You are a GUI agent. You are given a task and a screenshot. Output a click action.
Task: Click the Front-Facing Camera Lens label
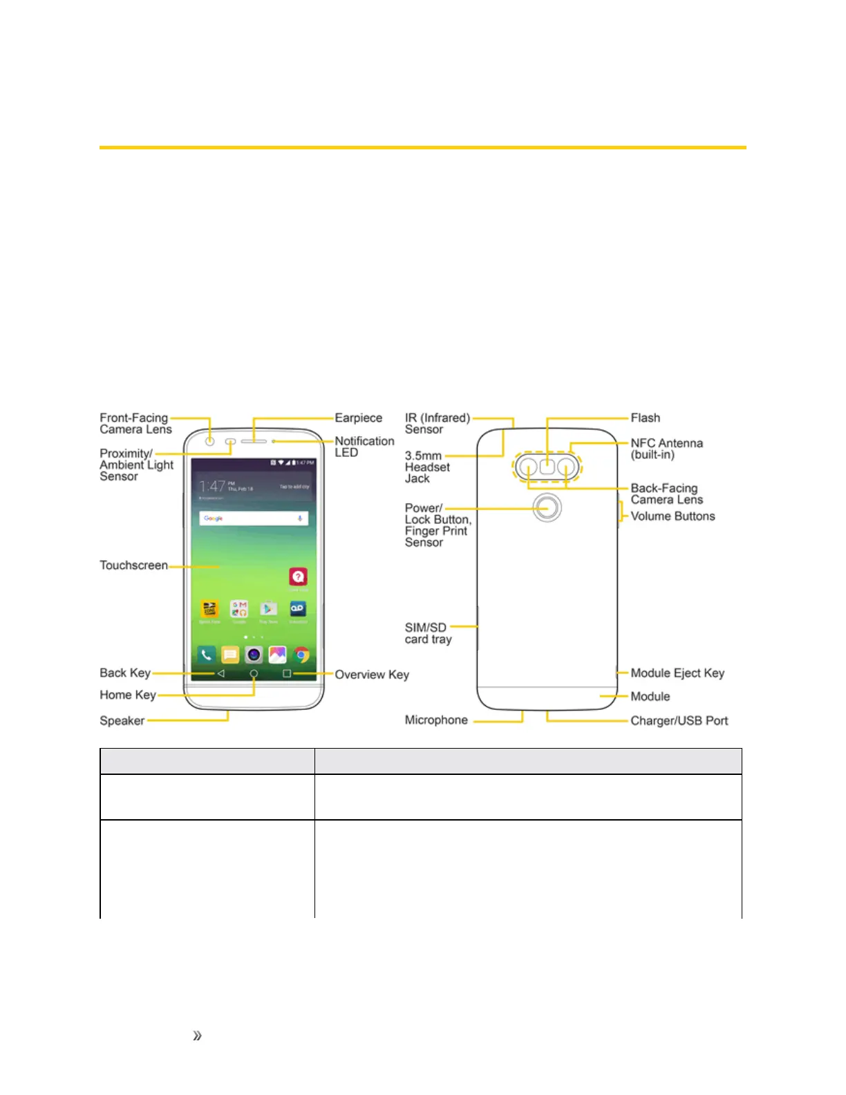(x=135, y=424)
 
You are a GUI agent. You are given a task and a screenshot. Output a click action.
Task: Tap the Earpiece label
(x=358, y=418)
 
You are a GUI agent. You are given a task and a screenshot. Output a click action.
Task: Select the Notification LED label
(x=364, y=447)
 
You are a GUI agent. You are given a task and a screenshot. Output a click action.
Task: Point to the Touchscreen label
(x=133, y=565)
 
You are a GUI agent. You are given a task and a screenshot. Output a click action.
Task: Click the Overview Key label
(x=372, y=675)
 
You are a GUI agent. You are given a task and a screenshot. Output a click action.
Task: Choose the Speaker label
(x=122, y=721)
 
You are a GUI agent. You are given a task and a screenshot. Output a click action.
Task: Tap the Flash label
(x=645, y=418)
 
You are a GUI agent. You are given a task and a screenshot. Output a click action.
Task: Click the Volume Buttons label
(x=673, y=516)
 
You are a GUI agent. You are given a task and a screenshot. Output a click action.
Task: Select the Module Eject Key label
(x=677, y=673)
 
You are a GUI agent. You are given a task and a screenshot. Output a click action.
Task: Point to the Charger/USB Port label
(x=679, y=721)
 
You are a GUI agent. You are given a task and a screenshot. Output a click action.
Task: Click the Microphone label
(x=436, y=720)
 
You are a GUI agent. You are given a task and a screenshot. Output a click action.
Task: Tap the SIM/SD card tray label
(x=428, y=633)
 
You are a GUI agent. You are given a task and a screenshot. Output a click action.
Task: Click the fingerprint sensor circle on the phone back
(x=547, y=507)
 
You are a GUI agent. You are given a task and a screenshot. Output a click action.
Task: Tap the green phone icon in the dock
(x=206, y=654)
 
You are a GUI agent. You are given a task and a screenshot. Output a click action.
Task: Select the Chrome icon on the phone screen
(x=301, y=654)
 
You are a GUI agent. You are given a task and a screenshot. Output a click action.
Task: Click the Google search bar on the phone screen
(x=254, y=518)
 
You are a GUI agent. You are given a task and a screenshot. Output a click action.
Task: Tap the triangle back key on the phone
(x=220, y=673)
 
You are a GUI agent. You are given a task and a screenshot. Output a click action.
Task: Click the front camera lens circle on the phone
(x=209, y=441)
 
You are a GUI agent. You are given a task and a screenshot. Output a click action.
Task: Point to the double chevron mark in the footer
(x=197, y=1036)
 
